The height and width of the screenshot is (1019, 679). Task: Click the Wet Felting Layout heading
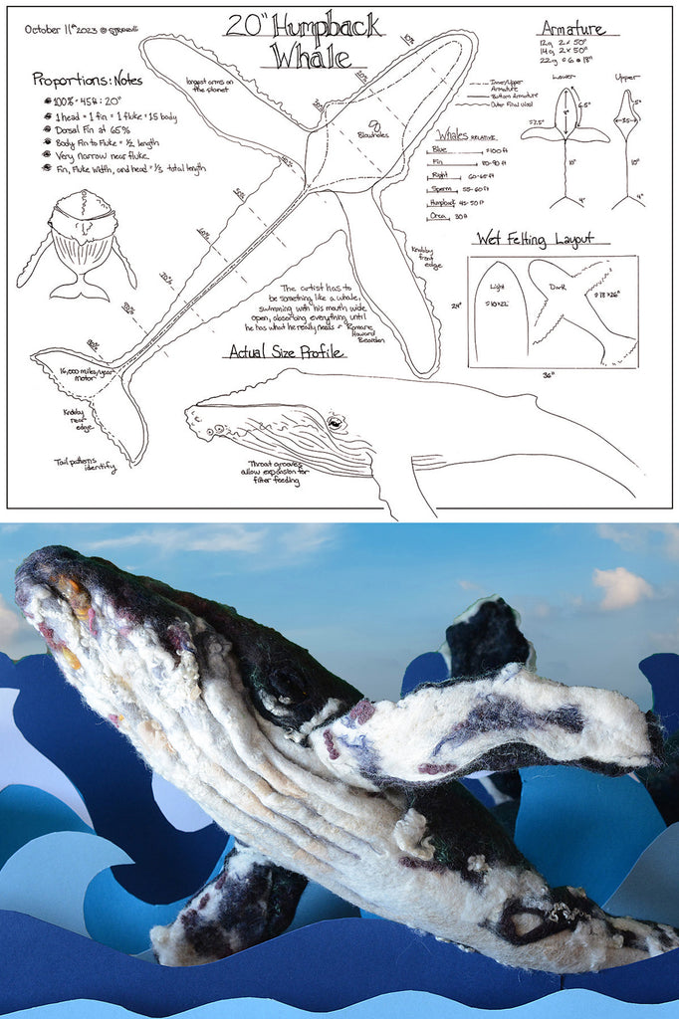click(x=535, y=239)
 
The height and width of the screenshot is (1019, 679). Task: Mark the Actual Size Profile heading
click(x=287, y=351)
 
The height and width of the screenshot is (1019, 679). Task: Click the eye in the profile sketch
click(x=336, y=424)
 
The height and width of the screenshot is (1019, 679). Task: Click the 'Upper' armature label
click(x=627, y=77)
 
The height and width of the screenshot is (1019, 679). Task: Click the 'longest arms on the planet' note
click(x=211, y=84)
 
